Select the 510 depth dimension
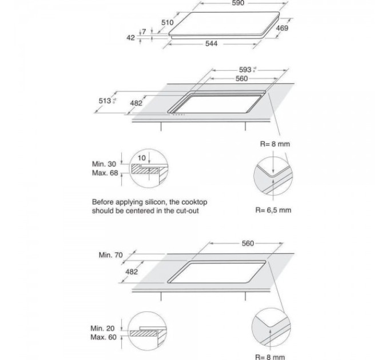pos(167,22)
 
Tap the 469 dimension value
pos(282,28)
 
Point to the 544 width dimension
pos(212,45)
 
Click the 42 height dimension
pos(130,38)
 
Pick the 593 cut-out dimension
pos(245,70)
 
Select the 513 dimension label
pos(105,101)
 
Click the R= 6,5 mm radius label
pos(273,210)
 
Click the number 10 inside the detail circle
pos(142,157)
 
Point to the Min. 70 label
pos(110,255)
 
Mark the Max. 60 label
pos(104,338)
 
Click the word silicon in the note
pos(151,202)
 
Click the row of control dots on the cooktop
pos(180,114)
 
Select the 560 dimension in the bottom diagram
pos(247,243)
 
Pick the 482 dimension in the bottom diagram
pos(132,272)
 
